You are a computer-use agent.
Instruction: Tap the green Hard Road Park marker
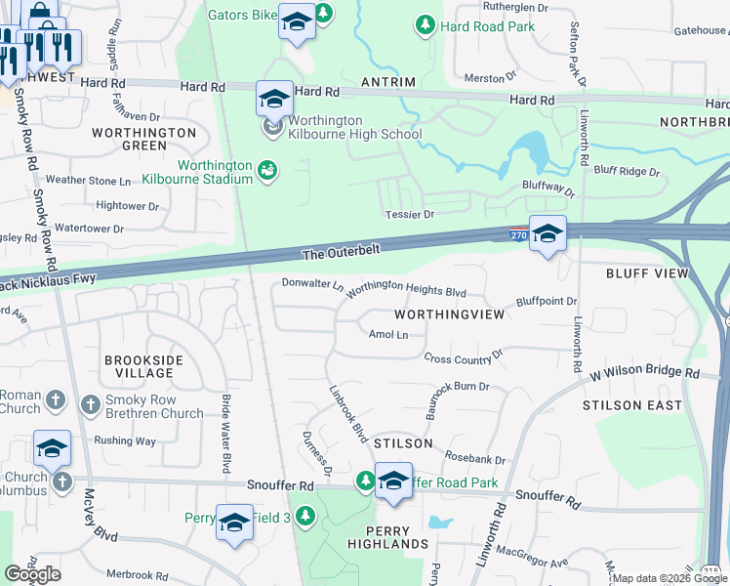click(425, 25)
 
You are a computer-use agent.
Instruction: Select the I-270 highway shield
click(520, 235)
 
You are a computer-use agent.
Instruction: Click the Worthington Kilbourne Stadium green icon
click(266, 171)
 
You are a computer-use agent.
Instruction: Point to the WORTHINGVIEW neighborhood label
click(449, 314)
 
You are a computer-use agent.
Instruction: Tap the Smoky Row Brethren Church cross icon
click(90, 402)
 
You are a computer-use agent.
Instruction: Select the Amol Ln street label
click(387, 334)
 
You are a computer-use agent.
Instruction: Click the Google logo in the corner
click(32, 574)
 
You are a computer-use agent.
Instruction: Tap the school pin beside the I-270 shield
click(548, 233)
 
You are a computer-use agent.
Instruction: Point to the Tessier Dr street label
click(408, 214)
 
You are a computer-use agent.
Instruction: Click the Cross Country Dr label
click(464, 357)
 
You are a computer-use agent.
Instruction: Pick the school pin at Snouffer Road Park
click(393, 482)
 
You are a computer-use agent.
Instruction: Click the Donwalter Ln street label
click(312, 285)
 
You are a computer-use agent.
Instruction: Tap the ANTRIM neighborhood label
click(387, 82)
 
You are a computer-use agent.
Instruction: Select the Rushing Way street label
click(125, 440)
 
